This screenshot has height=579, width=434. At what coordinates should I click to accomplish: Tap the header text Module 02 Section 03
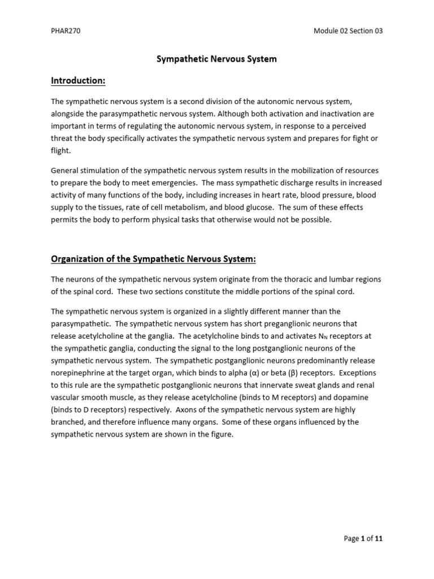[x=348, y=31]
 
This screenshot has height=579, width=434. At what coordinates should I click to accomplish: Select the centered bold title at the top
[x=216, y=59]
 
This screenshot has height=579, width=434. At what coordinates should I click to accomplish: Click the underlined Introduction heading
[x=78, y=81]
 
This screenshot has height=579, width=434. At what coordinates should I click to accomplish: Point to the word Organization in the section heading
[x=79, y=259]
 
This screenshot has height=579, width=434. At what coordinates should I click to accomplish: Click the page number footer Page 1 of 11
[x=363, y=539]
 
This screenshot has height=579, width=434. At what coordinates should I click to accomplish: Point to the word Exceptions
[x=357, y=373]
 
